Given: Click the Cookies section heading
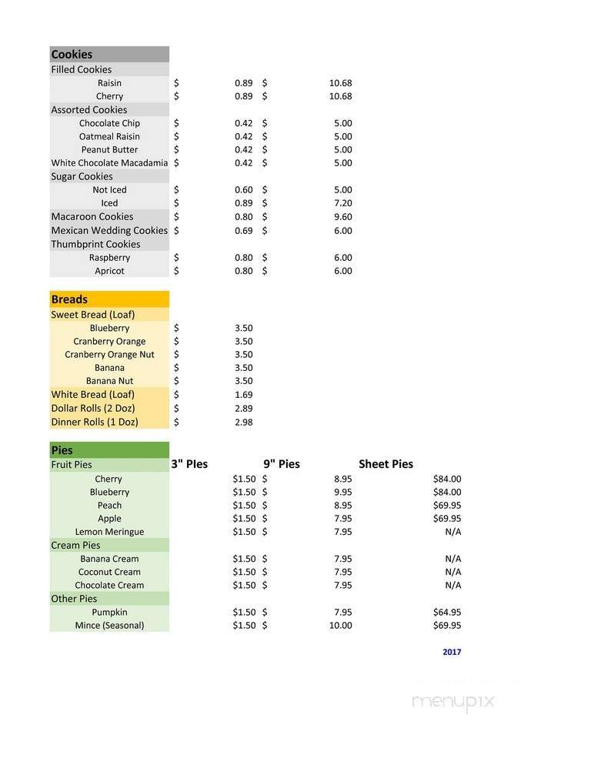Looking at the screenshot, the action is (x=72, y=55).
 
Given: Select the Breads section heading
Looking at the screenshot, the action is (x=69, y=299).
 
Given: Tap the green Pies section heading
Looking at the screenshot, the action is (x=62, y=450).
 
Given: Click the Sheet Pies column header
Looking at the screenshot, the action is (x=386, y=464).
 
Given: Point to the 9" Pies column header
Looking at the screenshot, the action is (x=281, y=464).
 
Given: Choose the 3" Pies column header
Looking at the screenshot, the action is (x=189, y=464).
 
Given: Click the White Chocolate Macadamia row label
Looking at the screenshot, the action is (x=109, y=163).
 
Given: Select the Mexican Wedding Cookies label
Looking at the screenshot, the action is (x=109, y=230).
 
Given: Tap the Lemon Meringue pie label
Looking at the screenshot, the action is (x=109, y=532).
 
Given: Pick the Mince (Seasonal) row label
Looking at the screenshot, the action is (x=109, y=625).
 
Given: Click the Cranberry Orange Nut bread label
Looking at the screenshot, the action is (x=109, y=355).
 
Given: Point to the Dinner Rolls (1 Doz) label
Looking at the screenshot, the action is (x=95, y=422).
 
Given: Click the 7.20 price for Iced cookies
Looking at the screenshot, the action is (x=343, y=203).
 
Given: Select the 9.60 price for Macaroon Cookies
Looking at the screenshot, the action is (x=343, y=217).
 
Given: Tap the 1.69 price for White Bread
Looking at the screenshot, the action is (x=243, y=395).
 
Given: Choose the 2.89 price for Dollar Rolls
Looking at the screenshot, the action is (x=243, y=409).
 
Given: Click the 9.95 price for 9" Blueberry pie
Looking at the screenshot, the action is (x=343, y=492).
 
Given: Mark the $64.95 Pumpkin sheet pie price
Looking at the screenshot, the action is (x=447, y=612).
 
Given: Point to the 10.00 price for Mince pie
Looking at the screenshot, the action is (x=340, y=625).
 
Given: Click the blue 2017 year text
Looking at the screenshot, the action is (x=452, y=652).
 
